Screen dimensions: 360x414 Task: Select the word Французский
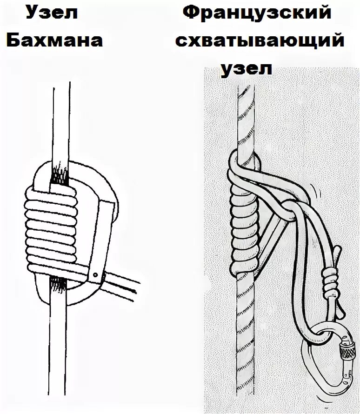[x=258, y=13]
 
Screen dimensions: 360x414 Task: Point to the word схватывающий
[x=260, y=40]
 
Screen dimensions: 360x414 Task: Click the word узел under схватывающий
[x=246, y=68]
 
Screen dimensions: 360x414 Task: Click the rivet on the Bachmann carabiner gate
[x=95, y=275]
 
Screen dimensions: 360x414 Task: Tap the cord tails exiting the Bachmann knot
[x=123, y=284]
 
